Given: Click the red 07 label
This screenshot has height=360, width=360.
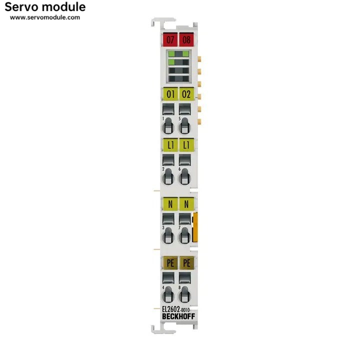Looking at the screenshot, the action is click(x=170, y=39).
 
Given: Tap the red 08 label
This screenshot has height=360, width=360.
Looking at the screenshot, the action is click(x=186, y=39).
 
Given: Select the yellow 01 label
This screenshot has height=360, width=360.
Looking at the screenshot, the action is click(x=170, y=94).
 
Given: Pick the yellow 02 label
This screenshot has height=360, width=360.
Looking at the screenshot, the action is click(x=186, y=94).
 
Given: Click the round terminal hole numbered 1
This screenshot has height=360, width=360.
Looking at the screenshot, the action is click(x=168, y=126).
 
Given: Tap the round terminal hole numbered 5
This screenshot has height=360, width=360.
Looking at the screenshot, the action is click(x=184, y=126).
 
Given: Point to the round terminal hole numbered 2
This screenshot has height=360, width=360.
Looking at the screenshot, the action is click(x=168, y=177).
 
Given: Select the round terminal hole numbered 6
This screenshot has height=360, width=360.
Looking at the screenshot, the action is click(x=184, y=177).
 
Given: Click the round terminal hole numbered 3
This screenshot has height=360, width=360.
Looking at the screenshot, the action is click(x=168, y=236).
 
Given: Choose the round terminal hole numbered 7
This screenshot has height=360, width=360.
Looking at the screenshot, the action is click(x=184, y=236).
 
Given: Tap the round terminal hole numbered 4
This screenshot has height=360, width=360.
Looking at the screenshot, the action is click(x=168, y=295).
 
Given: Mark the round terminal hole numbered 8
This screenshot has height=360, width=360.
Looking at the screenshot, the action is click(x=184, y=295).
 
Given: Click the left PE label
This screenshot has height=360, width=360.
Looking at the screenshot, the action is click(x=170, y=263).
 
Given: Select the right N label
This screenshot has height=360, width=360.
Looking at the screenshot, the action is click(x=186, y=204).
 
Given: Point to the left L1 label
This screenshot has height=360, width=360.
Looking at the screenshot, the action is click(x=170, y=145).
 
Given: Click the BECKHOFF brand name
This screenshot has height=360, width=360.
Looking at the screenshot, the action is click(x=178, y=316).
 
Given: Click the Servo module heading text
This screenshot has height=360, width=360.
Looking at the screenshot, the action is click(x=45, y=7).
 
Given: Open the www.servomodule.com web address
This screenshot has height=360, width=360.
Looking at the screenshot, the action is click(x=45, y=17).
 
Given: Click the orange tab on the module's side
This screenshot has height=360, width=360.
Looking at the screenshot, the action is click(x=195, y=227).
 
